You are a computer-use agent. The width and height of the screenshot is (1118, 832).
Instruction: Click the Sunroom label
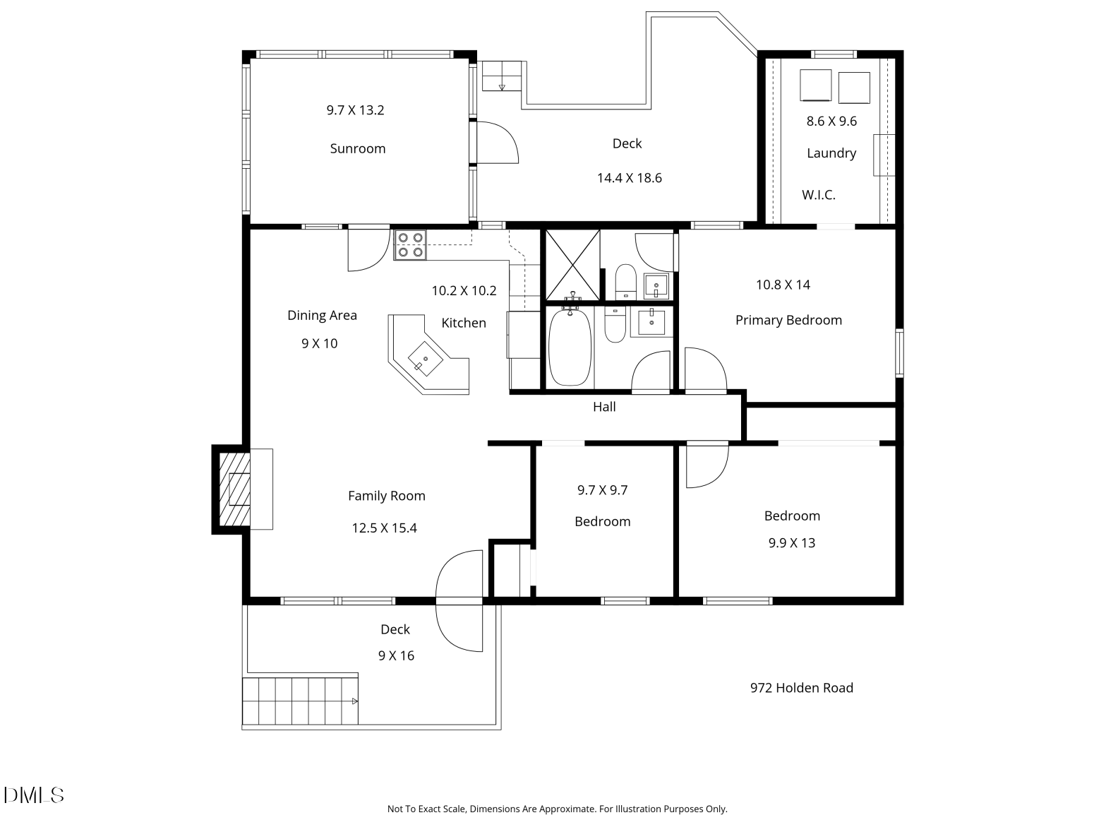pos(357,148)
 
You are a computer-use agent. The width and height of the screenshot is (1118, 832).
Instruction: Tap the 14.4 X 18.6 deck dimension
pos(629,177)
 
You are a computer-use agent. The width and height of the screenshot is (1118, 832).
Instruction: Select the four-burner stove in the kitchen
pos(410,244)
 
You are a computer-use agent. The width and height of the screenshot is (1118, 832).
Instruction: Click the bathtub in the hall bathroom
pos(570,347)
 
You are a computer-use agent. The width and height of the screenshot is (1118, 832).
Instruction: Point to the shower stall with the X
pos(572,265)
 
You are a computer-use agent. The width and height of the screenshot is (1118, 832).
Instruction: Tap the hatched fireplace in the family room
pos(234,489)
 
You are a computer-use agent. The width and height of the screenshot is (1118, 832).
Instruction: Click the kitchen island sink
pos(425,359)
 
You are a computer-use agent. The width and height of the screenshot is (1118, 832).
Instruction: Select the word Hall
pos(604,407)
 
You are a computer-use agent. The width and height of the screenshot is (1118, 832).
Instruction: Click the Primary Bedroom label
pos(788,321)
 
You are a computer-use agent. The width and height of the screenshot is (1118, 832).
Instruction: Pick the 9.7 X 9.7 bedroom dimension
pos(602,490)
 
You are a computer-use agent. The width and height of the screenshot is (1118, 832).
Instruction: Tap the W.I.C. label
pos(819,195)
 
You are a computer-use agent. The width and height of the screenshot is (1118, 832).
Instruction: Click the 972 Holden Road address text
pos(802,688)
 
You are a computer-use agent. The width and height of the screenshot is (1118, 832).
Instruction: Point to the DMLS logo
pos(34,795)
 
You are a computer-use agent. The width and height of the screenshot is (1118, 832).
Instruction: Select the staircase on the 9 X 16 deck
pos(300,701)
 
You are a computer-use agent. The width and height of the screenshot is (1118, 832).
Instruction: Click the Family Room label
pos(387,496)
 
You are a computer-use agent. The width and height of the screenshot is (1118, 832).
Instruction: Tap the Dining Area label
pos(322,315)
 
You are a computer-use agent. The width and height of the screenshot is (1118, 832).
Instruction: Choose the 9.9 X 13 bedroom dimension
pos(791,543)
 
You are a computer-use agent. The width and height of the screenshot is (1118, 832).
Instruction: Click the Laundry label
pos(831,153)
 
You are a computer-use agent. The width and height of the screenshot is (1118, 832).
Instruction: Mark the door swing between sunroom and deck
pos(498,143)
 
